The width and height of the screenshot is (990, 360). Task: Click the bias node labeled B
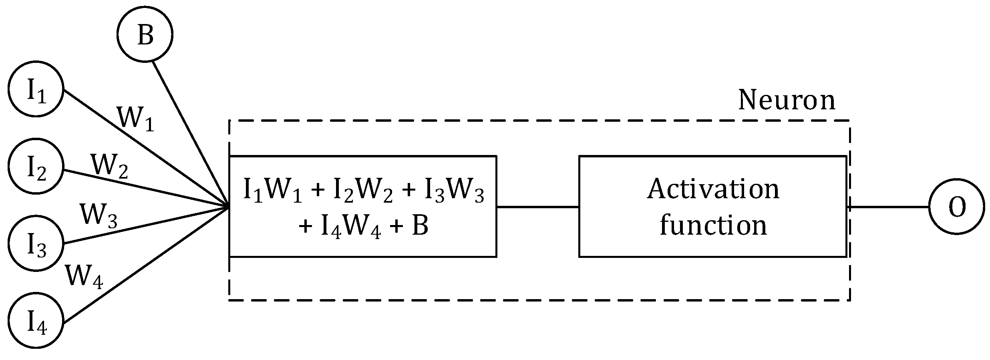point(145,35)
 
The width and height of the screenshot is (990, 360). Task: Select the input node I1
point(36,89)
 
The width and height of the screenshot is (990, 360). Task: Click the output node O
point(956,207)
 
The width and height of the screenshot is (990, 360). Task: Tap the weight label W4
point(84,276)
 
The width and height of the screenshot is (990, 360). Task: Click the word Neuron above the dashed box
point(787,100)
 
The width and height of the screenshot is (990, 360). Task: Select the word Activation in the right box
point(713,189)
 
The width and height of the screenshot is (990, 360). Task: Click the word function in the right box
point(713,225)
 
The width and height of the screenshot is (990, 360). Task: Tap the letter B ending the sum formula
point(420,226)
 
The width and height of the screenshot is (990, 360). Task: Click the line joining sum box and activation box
point(537,207)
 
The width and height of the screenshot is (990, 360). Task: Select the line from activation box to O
point(889,207)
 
